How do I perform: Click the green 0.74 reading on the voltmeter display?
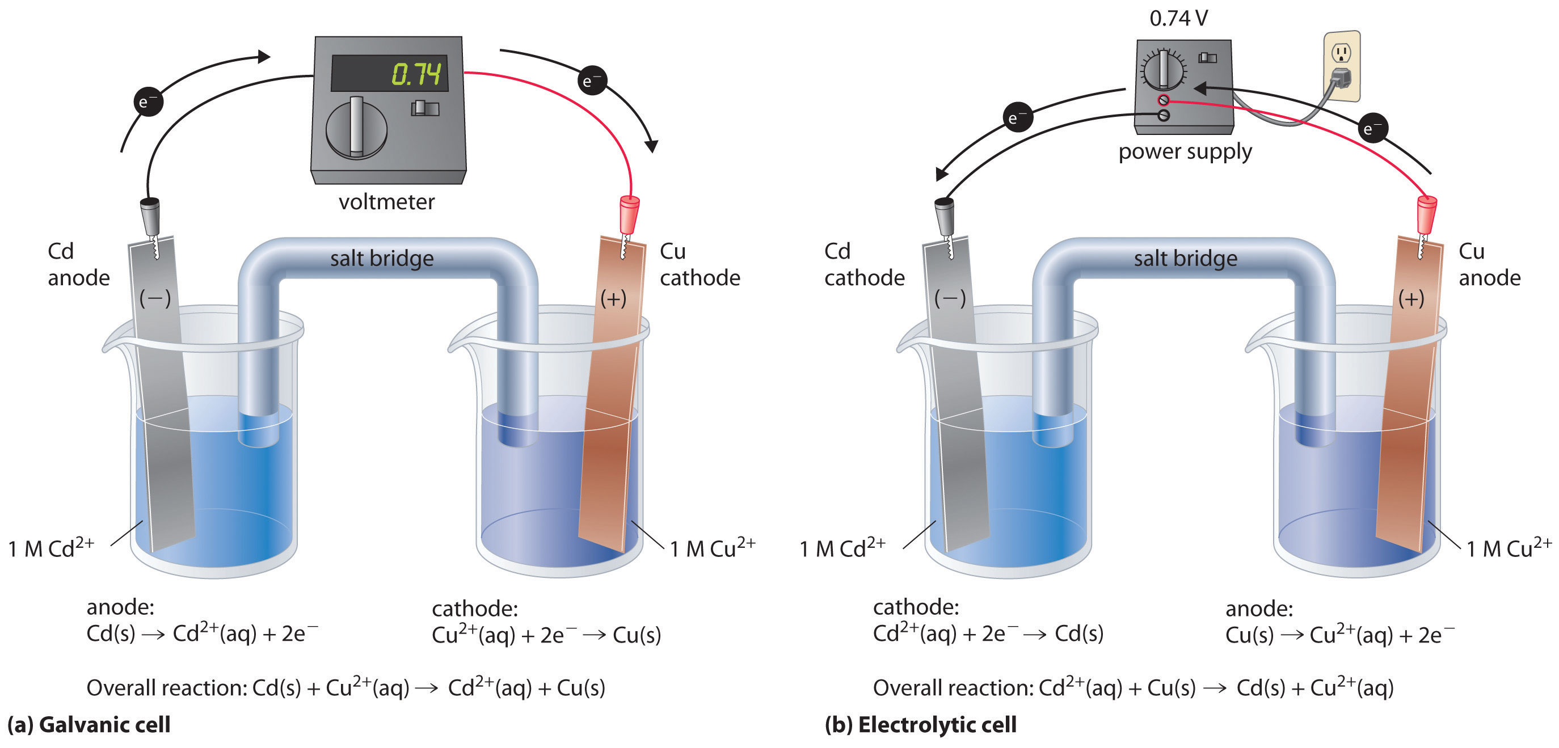coord(416,74)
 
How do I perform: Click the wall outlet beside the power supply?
coord(1341,65)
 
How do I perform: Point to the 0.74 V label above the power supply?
coord(1178,19)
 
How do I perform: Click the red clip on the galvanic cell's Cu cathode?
coord(629,214)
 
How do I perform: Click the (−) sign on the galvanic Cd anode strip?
coord(155,298)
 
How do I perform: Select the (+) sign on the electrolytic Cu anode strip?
coord(1411,298)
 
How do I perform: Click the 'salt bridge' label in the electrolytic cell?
coord(1185,259)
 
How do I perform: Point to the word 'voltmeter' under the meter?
coord(386,201)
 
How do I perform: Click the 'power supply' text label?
coord(1185,151)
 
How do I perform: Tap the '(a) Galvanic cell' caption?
coord(89,724)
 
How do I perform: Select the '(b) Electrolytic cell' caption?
coord(920,724)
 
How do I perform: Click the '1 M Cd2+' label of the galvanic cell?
coord(52,548)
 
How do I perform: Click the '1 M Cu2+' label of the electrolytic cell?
coord(1508,548)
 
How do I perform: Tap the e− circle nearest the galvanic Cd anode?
coord(148,102)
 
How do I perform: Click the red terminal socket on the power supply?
coord(1163,100)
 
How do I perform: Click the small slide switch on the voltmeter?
coord(425,108)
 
